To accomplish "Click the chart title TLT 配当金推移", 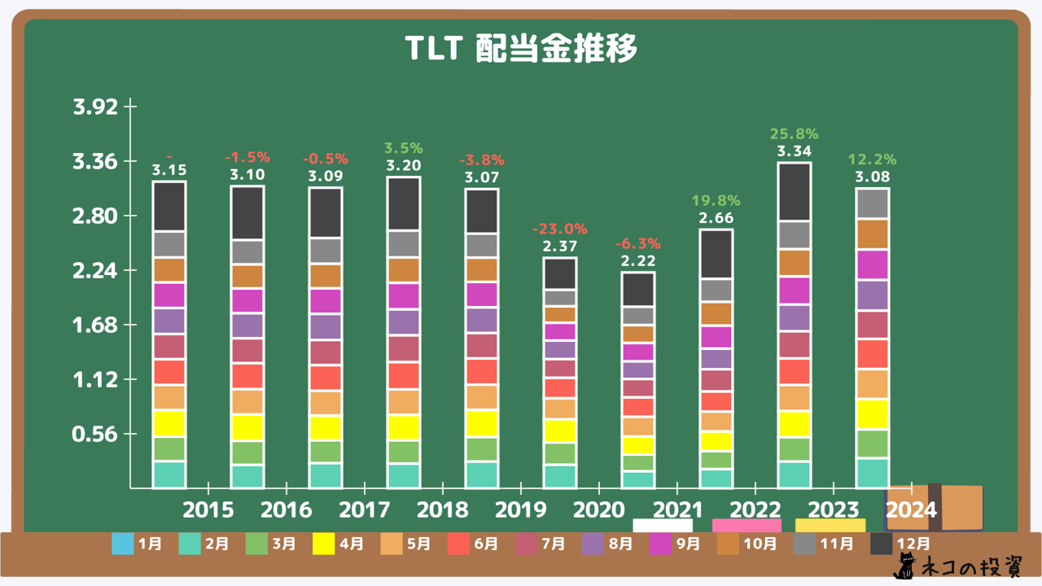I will tap(521, 50).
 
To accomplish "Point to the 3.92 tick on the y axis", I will tap(95, 107).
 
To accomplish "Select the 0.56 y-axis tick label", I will tap(95, 435).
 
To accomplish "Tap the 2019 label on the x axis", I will tap(521, 510).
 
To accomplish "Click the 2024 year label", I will tap(912, 510).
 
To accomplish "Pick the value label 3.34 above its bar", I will tap(794, 152).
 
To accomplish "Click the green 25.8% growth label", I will tap(794, 134).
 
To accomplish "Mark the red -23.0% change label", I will tap(559, 230).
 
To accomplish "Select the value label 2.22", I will tap(637, 260).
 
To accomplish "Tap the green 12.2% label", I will tap(872, 160).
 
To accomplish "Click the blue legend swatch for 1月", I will tap(122, 543).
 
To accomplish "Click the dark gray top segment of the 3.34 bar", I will tap(794, 192).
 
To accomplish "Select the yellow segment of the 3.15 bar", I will tap(169, 423).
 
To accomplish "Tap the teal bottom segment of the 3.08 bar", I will tap(872, 473).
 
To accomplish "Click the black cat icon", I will tap(904, 566).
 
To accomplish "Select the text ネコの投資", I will tap(968, 567).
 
